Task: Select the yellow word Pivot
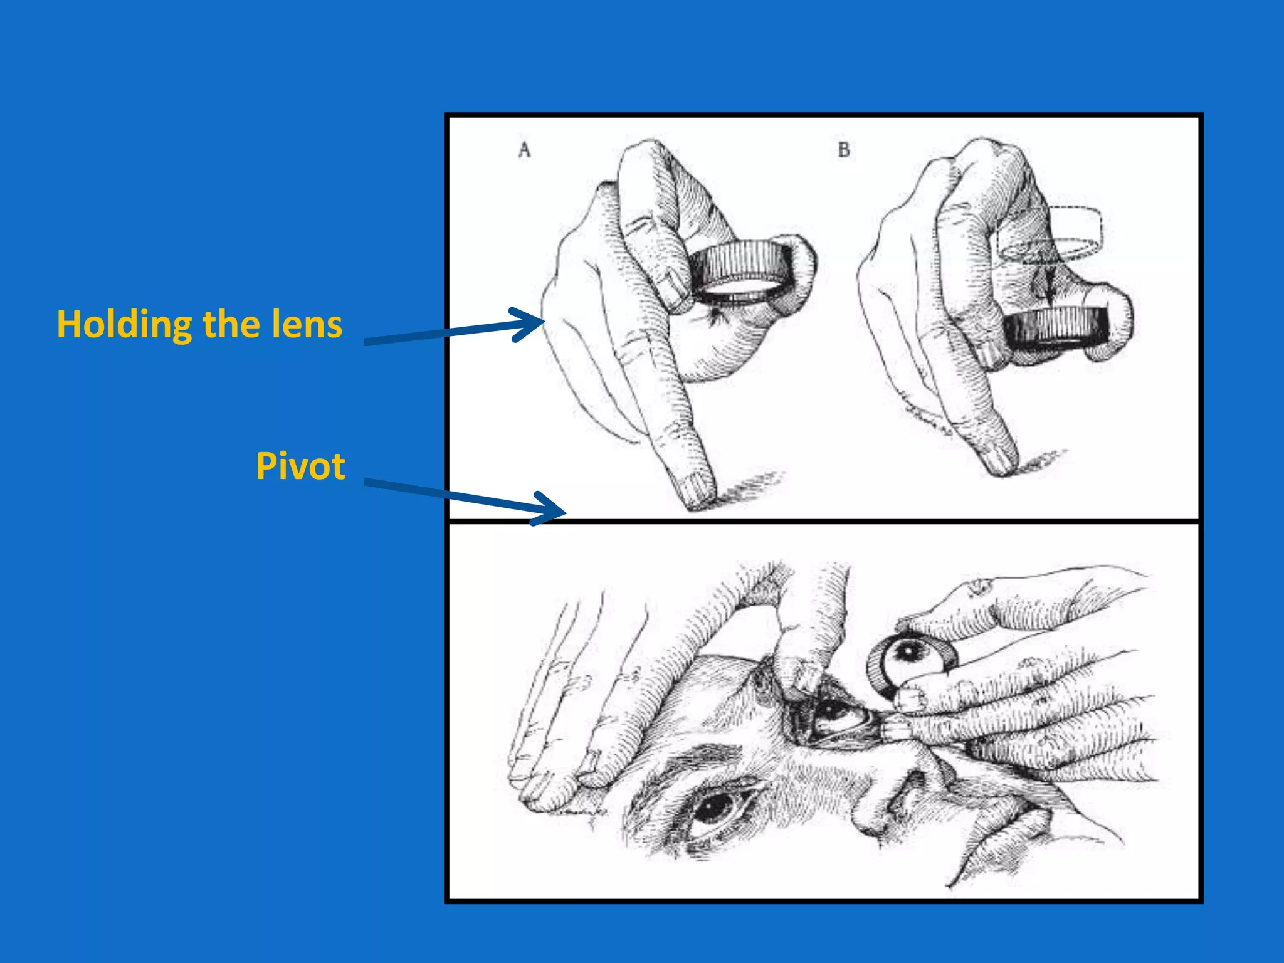click(x=300, y=466)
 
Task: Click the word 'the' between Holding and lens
click(x=229, y=324)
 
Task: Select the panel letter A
click(x=524, y=150)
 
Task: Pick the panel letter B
click(x=843, y=150)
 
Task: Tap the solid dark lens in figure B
click(x=1056, y=327)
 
